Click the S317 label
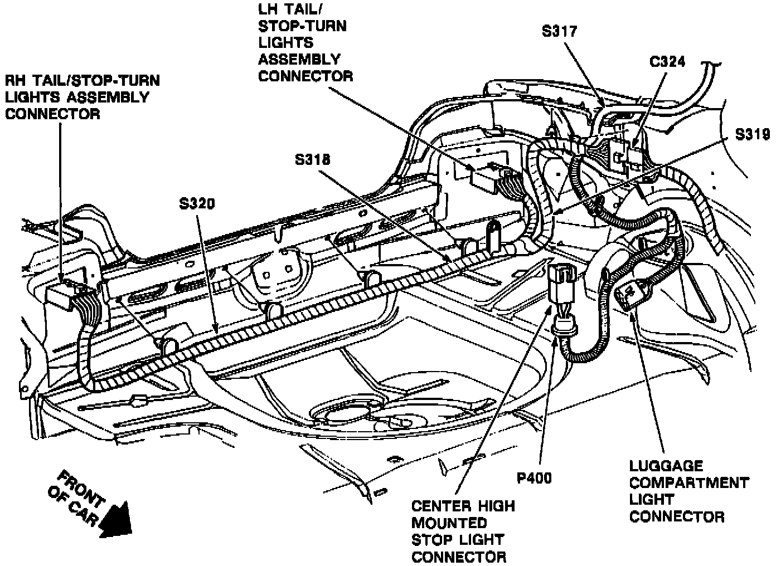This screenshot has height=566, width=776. (x=560, y=31)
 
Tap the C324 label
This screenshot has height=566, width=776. (x=667, y=61)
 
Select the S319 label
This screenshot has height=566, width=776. (x=753, y=134)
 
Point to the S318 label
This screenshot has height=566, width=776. (x=313, y=160)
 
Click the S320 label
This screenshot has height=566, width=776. (x=196, y=204)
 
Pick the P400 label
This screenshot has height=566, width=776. (x=533, y=477)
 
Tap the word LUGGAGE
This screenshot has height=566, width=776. (x=658, y=466)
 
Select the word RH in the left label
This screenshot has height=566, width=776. (x=15, y=80)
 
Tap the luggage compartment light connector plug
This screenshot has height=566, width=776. (x=633, y=293)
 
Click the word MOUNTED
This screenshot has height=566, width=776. (x=449, y=523)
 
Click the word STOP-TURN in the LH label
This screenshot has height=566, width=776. (x=302, y=26)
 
